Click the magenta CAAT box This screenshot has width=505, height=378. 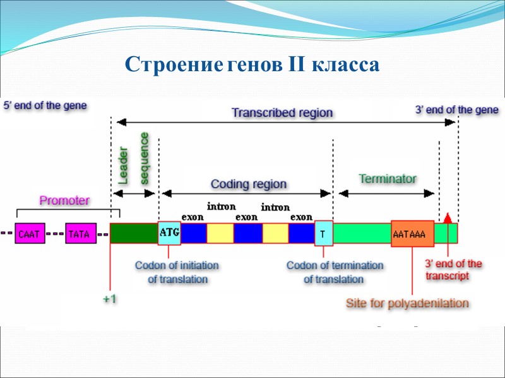(x=30, y=234)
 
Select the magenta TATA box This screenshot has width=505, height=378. (x=80, y=234)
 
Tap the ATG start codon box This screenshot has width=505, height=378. (x=169, y=232)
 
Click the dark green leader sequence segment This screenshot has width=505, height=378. (x=134, y=233)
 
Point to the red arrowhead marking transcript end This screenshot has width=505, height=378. (x=448, y=217)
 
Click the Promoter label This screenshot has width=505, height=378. (x=64, y=201)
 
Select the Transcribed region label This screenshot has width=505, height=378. (x=282, y=113)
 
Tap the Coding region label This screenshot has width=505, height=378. (x=248, y=185)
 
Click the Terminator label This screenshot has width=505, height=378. (x=388, y=179)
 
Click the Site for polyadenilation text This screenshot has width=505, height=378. (x=407, y=304)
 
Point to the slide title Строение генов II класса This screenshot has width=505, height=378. (x=252, y=65)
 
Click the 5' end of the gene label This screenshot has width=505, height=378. (x=45, y=105)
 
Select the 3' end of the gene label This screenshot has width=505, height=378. (x=456, y=110)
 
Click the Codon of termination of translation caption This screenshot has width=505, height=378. (x=335, y=272)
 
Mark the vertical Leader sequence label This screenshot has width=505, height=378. (x=134, y=158)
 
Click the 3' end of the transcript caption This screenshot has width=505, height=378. (x=453, y=270)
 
